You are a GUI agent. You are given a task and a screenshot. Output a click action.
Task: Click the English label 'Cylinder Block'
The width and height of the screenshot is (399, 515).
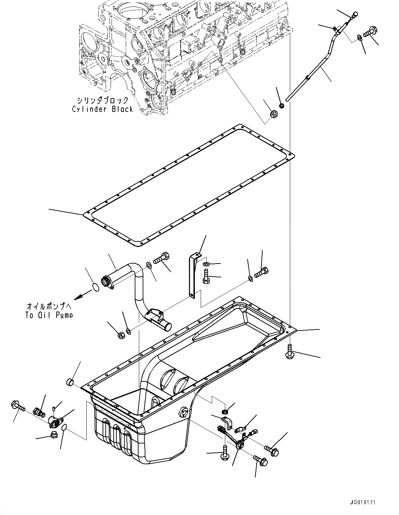[x=103, y=109]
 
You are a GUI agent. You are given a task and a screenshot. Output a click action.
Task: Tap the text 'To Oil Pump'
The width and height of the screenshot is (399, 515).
[x=50, y=315]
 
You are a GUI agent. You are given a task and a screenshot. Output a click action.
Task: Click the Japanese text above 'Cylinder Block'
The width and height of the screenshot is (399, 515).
[x=103, y=101]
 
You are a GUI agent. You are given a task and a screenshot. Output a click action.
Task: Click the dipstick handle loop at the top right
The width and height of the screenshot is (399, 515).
[x=354, y=15]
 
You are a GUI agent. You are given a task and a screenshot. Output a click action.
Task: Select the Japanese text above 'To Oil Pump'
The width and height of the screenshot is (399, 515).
[x=50, y=306]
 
